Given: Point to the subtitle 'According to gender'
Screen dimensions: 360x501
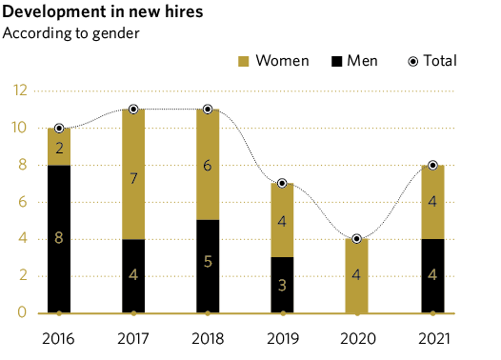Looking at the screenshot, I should coord(71,34).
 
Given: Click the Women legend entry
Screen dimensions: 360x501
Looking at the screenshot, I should coord(272,61).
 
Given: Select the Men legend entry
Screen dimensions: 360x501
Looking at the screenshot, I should coord(353,61).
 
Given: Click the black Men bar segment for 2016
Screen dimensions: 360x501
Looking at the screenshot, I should coord(59,239).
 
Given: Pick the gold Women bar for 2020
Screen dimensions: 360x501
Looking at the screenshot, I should coord(357,276).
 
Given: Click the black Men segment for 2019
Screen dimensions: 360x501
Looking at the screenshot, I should coord(283,285).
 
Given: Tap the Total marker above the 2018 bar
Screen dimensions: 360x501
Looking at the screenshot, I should coord(208,110).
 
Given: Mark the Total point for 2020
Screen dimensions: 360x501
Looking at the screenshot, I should coord(357,239).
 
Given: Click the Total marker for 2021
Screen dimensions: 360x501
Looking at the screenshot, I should coord(432,165).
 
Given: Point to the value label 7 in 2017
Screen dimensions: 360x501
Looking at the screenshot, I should coord(133,177).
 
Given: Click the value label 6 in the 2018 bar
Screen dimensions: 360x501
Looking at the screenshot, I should coord(208,166).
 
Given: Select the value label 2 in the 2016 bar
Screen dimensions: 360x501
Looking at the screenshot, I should coord(59,148).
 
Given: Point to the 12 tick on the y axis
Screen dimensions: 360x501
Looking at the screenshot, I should coord(19,91).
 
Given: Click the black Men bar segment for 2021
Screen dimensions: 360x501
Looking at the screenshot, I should coord(432,276).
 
